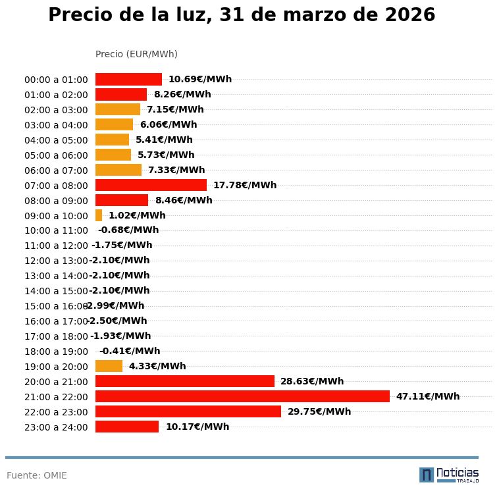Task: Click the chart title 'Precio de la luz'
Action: [242, 15]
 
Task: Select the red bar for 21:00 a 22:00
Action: [242, 396]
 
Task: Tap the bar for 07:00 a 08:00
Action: [151, 185]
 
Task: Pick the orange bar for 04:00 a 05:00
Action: [112, 140]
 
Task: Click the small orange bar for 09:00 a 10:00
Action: [99, 215]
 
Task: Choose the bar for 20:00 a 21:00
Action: [184, 381]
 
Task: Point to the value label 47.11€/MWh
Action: [427, 396]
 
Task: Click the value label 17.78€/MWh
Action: [244, 185]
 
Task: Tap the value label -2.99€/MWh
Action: [115, 305]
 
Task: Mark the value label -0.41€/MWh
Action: [129, 351]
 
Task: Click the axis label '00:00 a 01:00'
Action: [56, 80]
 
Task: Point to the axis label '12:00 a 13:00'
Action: [56, 261]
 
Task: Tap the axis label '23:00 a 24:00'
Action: [56, 427]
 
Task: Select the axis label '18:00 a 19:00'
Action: [56, 352]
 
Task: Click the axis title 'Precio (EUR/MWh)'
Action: [136, 54]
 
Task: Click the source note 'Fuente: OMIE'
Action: [37, 475]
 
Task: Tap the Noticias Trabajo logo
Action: [449, 475]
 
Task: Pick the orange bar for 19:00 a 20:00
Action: [109, 366]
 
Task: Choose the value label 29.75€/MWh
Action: [319, 411]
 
